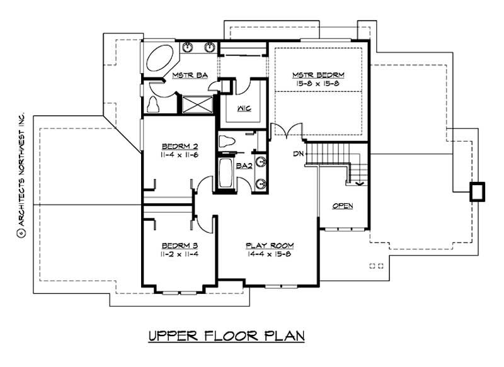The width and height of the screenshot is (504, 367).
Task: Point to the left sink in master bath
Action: point(188,47)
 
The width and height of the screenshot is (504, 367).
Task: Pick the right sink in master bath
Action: point(209,47)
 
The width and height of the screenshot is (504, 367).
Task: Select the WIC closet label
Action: point(244,108)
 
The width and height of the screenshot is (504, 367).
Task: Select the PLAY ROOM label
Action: point(269,245)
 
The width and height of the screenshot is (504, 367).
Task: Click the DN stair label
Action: point(299,153)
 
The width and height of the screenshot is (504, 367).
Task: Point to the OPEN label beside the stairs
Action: point(342,206)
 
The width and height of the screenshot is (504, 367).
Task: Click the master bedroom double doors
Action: point(282,131)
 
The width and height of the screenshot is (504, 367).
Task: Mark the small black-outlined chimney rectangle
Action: point(478,191)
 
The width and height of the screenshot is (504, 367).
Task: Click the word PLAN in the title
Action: point(283,336)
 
